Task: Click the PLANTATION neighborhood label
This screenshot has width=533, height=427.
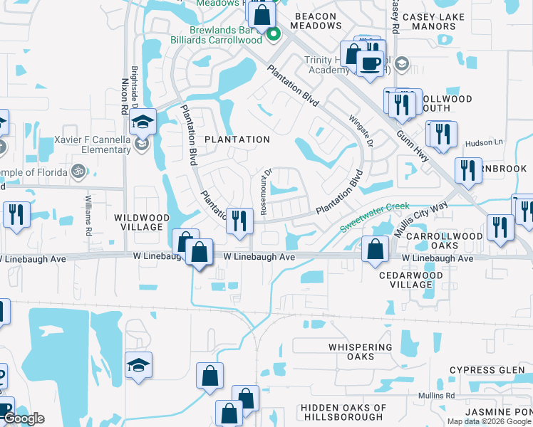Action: (237, 139)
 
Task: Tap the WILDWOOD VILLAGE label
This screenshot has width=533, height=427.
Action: (141, 222)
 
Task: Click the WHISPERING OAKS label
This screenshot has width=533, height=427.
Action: (360, 352)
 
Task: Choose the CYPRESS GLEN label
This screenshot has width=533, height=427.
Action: (481, 371)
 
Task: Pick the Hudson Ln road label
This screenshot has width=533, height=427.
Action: (484, 143)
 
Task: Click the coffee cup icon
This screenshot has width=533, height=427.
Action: (370, 63)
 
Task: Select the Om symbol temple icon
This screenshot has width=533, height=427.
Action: (78, 171)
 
